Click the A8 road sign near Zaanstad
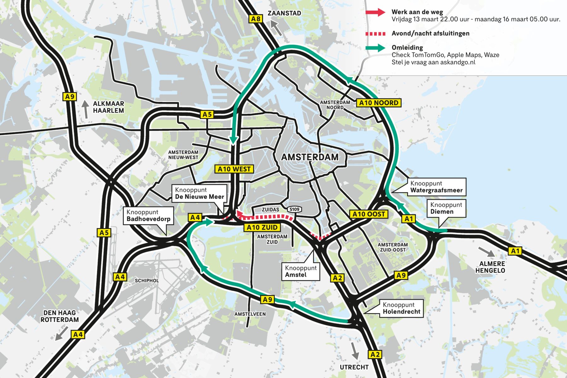(x=256, y=19)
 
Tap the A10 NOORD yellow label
(x=379, y=103)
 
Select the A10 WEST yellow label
(x=234, y=169)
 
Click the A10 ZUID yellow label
(x=262, y=227)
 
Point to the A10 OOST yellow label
(x=369, y=214)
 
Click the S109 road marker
(x=295, y=209)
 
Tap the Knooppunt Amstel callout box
(x=301, y=271)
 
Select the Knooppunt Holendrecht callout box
(x=401, y=308)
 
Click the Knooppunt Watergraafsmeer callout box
(x=436, y=187)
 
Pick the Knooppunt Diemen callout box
(x=446, y=208)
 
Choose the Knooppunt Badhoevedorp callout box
(x=148, y=215)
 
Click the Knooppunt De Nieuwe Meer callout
(x=199, y=193)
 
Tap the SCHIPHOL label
(x=147, y=280)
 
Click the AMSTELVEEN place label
(x=250, y=314)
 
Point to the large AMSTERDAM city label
(x=310, y=157)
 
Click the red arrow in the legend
(x=375, y=12)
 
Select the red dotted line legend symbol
(x=375, y=34)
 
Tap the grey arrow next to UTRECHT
(x=355, y=350)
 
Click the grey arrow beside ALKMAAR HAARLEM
(x=85, y=109)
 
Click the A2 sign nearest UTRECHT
(x=375, y=354)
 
